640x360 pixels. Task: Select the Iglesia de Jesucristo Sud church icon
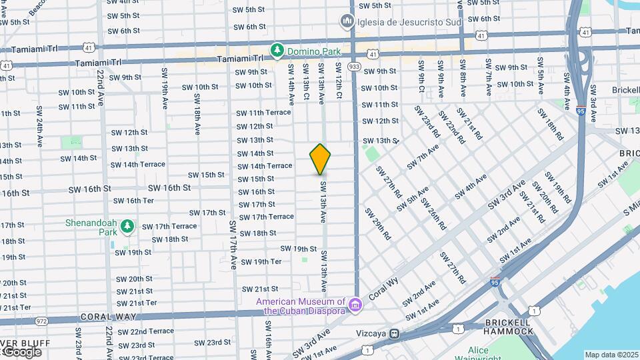point(347,23)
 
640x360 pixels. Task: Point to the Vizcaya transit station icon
point(395,333)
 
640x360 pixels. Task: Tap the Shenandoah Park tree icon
point(127,227)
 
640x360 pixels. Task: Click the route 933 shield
point(353,67)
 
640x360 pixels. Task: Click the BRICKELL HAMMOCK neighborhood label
point(509,327)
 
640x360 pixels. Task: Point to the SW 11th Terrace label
point(263,112)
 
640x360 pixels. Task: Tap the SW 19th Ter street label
point(261,261)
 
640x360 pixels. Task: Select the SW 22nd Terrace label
point(145,331)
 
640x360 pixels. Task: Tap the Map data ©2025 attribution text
point(611,355)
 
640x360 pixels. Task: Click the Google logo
point(21,352)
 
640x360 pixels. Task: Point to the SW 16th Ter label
point(134,201)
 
